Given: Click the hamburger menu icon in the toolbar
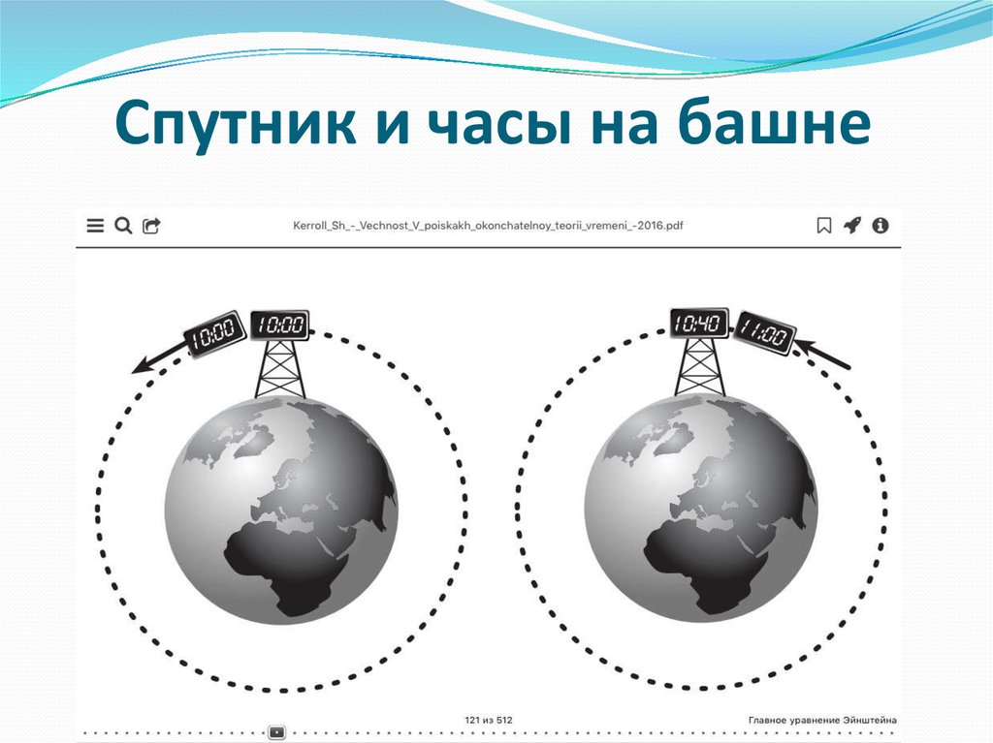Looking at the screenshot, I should pyautogui.click(x=95, y=226).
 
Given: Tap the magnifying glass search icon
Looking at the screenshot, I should pyautogui.click(x=123, y=226).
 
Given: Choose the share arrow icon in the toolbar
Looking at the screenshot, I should pyautogui.click(x=152, y=226).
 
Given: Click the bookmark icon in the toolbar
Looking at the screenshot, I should pyautogui.click(x=824, y=226).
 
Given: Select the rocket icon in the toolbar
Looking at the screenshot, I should pyautogui.click(x=852, y=226).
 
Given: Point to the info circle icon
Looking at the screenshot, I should pyautogui.click(x=881, y=226).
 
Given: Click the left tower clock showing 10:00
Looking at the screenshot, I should pyautogui.click(x=279, y=325).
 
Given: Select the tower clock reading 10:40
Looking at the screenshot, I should pyautogui.click(x=698, y=323).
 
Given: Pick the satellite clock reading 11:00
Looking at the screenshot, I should pyautogui.click(x=765, y=334).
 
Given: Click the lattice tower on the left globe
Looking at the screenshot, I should pyautogui.click(x=280, y=370).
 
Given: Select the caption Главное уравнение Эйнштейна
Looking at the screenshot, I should pyautogui.click(x=822, y=720).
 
